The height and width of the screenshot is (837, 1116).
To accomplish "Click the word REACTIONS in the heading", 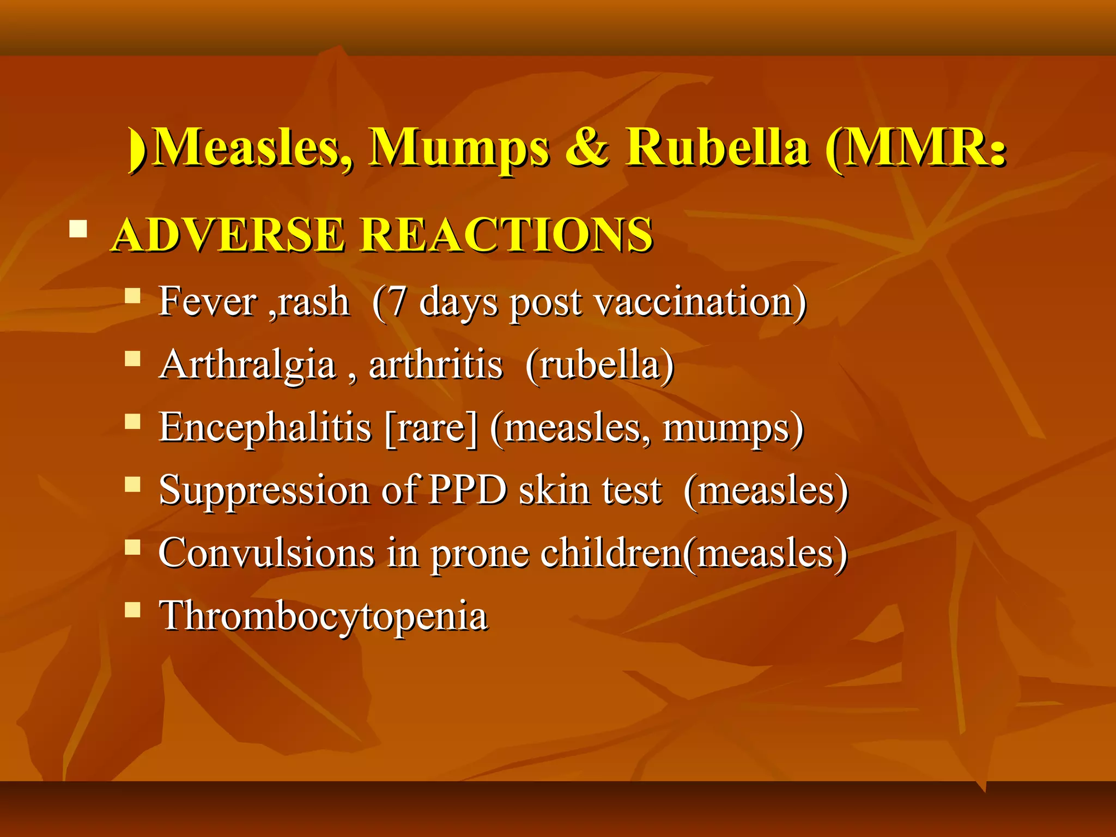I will (507, 235).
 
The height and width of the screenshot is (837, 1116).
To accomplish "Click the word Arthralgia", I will (248, 365).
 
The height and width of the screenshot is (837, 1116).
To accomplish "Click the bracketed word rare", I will (430, 428).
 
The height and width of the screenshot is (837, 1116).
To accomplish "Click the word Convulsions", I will (266, 553).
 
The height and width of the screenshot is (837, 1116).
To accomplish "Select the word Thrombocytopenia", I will (323, 616).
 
